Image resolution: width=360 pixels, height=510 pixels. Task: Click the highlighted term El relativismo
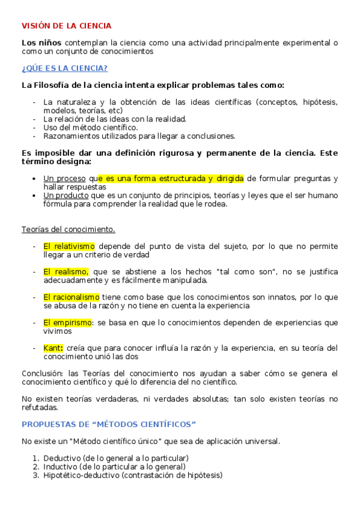click(69, 246)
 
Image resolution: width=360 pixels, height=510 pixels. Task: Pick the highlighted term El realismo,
click(66, 271)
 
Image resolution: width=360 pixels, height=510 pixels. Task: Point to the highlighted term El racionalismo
click(71, 297)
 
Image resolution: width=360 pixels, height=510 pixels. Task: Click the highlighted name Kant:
click(53, 348)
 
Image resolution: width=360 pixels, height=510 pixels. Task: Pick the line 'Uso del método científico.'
click(90, 127)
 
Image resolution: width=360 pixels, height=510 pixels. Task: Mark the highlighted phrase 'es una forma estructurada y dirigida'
click(171, 179)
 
